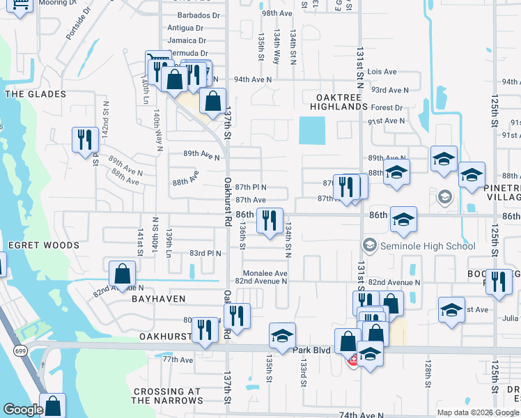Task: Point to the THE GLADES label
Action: [x=35, y=94]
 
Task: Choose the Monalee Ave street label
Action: [x=265, y=273]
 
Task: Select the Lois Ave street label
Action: [x=382, y=72]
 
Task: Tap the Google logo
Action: [x=24, y=410]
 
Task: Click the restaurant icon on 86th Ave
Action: [x=270, y=220]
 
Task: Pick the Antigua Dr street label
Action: [x=187, y=29]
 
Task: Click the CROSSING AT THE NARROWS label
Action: [x=167, y=396]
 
